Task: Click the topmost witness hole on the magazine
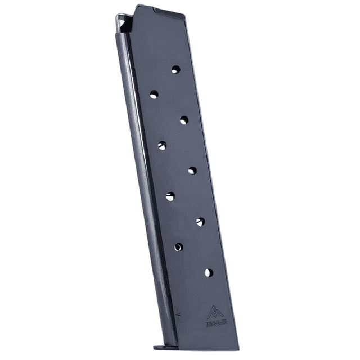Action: [175, 69]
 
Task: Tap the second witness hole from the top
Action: [154, 94]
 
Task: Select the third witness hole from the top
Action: [184, 119]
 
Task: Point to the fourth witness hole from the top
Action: [162, 145]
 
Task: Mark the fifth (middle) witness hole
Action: [192, 170]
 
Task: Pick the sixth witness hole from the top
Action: [170, 196]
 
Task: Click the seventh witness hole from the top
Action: [200, 222]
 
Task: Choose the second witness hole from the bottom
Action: [178, 247]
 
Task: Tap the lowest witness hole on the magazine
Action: [209, 273]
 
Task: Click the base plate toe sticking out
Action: [159, 344]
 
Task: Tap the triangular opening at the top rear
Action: [125, 24]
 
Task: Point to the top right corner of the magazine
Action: [185, 16]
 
